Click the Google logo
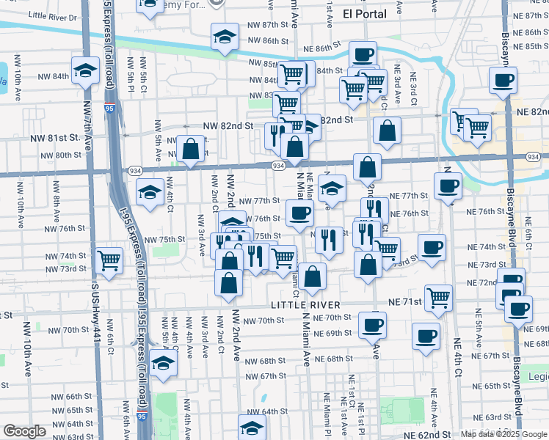pyautogui.click(x=24, y=432)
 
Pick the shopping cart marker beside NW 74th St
pyautogui.click(x=109, y=260)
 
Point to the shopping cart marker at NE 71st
pyautogui.click(x=438, y=297)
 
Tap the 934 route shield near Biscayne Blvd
pyautogui.click(x=534, y=157)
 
